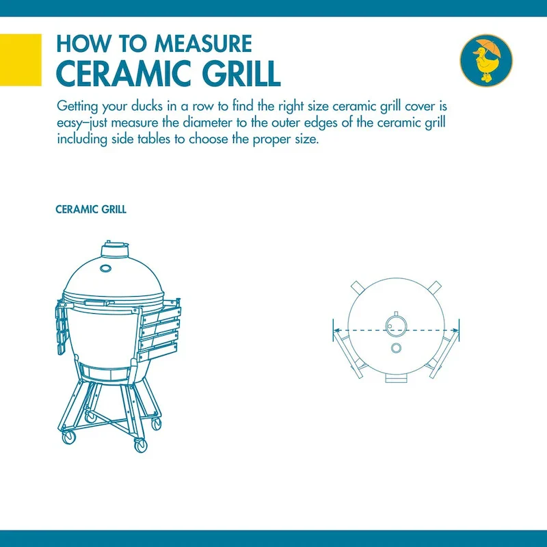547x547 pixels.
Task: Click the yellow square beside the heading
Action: click(21, 59)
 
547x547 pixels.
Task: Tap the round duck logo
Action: click(486, 60)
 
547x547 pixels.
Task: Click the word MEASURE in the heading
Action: click(203, 44)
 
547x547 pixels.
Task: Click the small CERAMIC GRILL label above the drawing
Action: click(91, 209)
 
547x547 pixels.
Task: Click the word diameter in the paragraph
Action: click(207, 122)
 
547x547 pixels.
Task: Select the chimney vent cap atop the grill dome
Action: click(115, 248)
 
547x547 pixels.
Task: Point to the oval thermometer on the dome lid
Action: click(106, 268)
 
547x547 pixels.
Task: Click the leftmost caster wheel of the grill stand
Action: click(68, 436)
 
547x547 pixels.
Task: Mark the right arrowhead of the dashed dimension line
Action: click(455, 330)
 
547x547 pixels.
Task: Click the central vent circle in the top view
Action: click(396, 326)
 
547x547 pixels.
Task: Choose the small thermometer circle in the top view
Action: click(396, 348)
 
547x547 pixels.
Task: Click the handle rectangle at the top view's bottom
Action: click(397, 379)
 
